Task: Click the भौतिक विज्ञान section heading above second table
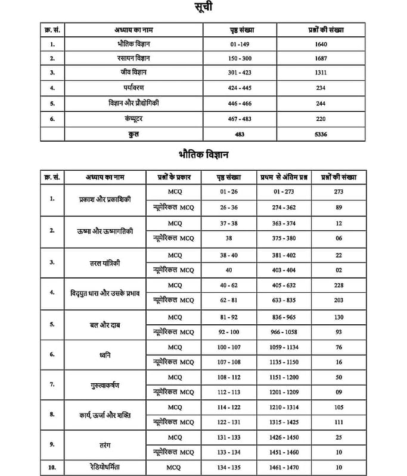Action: [x=204, y=154]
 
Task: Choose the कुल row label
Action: [x=133, y=134]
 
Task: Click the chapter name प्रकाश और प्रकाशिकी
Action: [x=104, y=200]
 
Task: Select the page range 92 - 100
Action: [x=229, y=331]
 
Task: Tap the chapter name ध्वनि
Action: [x=104, y=355]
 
